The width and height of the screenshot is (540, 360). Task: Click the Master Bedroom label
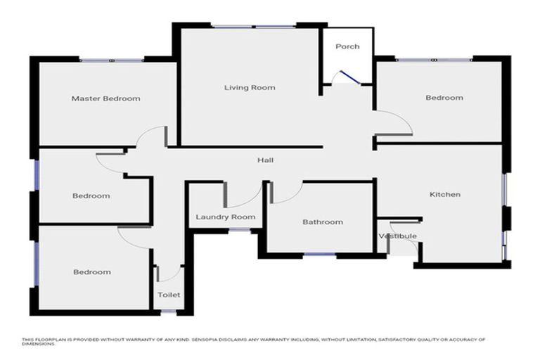(105, 98)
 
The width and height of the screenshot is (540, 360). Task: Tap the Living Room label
(250, 87)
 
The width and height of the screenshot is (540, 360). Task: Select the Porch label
(347, 46)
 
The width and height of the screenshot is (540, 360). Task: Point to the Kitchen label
(444, 194)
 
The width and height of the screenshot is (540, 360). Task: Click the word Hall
(266, 160)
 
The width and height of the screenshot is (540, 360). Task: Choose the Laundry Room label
(226, 217)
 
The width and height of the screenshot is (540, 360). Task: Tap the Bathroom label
(323, 222)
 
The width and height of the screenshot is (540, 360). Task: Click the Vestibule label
(398, 236)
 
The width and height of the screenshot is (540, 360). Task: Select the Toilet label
(169, 295)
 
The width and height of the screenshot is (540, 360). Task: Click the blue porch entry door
(350, 77)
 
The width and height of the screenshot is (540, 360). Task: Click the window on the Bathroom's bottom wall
(320, 255)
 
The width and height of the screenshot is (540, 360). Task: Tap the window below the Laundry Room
(240, 230)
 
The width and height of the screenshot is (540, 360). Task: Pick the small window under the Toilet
(169, 311)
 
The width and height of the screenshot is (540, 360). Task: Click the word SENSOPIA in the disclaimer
(205, 340)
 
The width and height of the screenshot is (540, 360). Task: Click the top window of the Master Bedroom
(112, 60)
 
